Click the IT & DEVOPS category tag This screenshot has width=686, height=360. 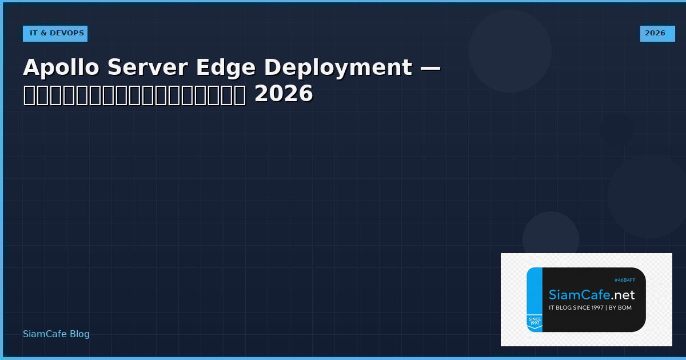tap(55, 33)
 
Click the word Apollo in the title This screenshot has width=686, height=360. tap(62, 67)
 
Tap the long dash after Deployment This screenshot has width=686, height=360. tap(430, 67)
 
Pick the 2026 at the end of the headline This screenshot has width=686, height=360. tap(284, 94)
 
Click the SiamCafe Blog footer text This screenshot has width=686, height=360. tap(56, 334)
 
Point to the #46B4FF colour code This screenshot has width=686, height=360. tap(625, 280)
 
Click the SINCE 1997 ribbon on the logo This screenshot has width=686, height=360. tap(535, 321)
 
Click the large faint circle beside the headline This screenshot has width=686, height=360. tap(510, 51)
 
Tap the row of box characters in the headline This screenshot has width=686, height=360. tap(134, 94)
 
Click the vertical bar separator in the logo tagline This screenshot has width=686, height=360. tap(608, 308)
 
